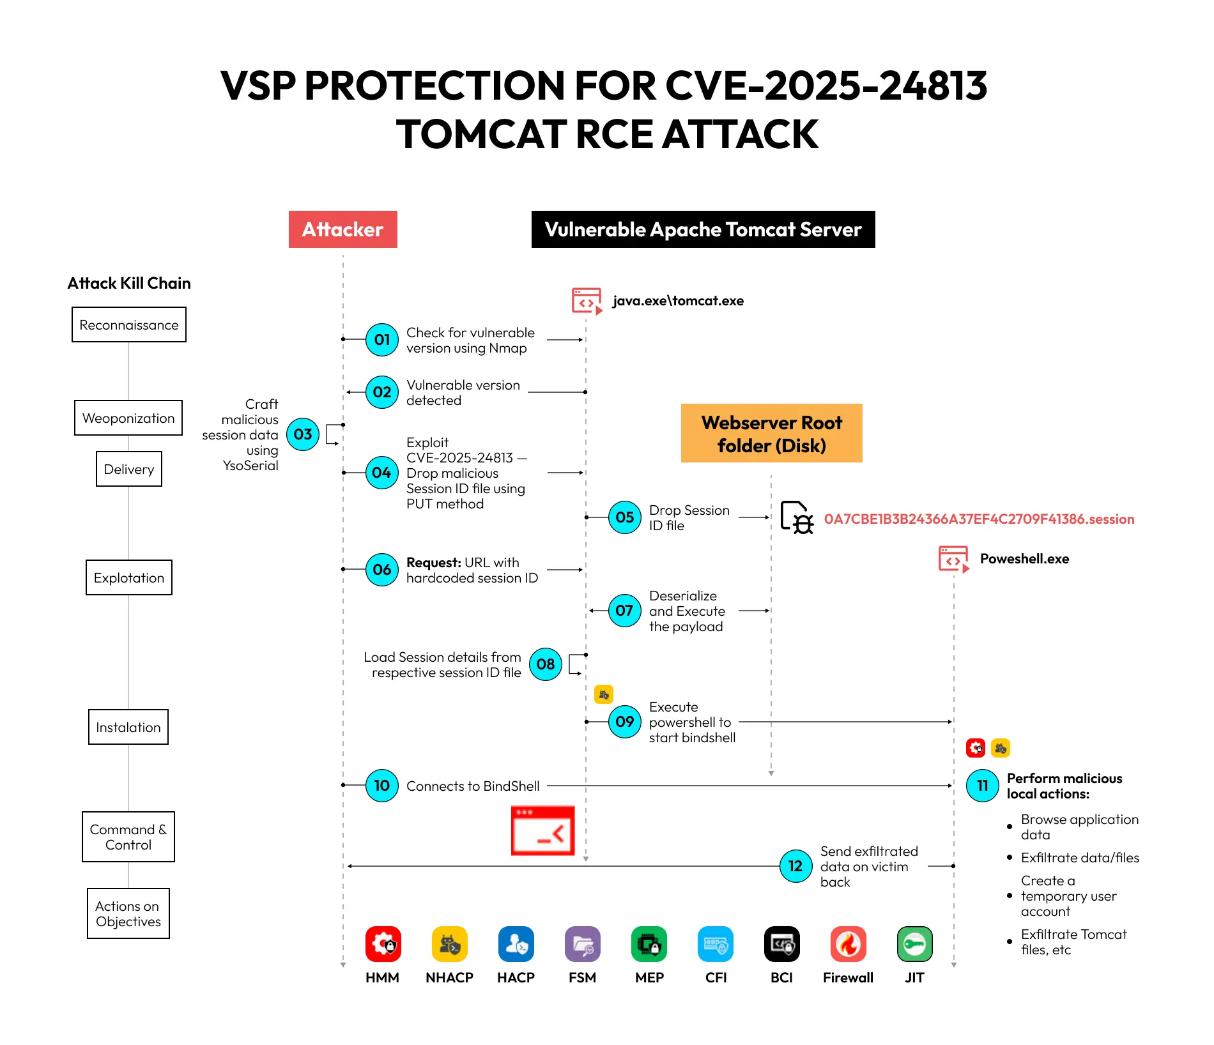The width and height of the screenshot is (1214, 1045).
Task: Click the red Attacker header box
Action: click(342, 229)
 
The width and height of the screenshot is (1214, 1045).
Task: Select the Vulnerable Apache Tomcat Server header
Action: click(703, 229)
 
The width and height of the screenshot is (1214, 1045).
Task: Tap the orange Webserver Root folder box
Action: click(771, 433)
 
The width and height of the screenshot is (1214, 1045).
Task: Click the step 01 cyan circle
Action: click(381, 339)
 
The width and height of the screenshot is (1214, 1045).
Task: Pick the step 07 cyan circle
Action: click(624, 611)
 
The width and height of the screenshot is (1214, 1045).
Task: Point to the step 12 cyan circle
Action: click(795, 866)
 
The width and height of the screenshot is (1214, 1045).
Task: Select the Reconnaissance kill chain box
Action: click(129, 324)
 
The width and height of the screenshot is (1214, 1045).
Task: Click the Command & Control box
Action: click(128, 837)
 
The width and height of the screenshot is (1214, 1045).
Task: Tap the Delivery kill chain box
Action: click(129, 469)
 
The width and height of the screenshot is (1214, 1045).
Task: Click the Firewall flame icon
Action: click(848, 944)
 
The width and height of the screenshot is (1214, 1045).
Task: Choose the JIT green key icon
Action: click(914, 944)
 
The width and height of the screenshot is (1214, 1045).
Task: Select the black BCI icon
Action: click(781, 944)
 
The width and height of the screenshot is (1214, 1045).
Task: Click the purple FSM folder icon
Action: click(582, 944)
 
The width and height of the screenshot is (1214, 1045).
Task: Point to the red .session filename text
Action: click(979, 519)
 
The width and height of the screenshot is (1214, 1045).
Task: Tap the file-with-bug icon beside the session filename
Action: click(797, 517)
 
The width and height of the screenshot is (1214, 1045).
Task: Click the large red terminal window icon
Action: click(542, 830)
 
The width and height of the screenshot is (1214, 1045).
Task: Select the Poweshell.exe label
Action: click(1024, 559)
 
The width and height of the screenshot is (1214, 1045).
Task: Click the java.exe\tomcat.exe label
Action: click(678, 301)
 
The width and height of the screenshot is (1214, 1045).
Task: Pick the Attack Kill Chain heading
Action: click(129, 283)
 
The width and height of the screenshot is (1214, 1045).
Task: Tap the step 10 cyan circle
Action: click(381, 786)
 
